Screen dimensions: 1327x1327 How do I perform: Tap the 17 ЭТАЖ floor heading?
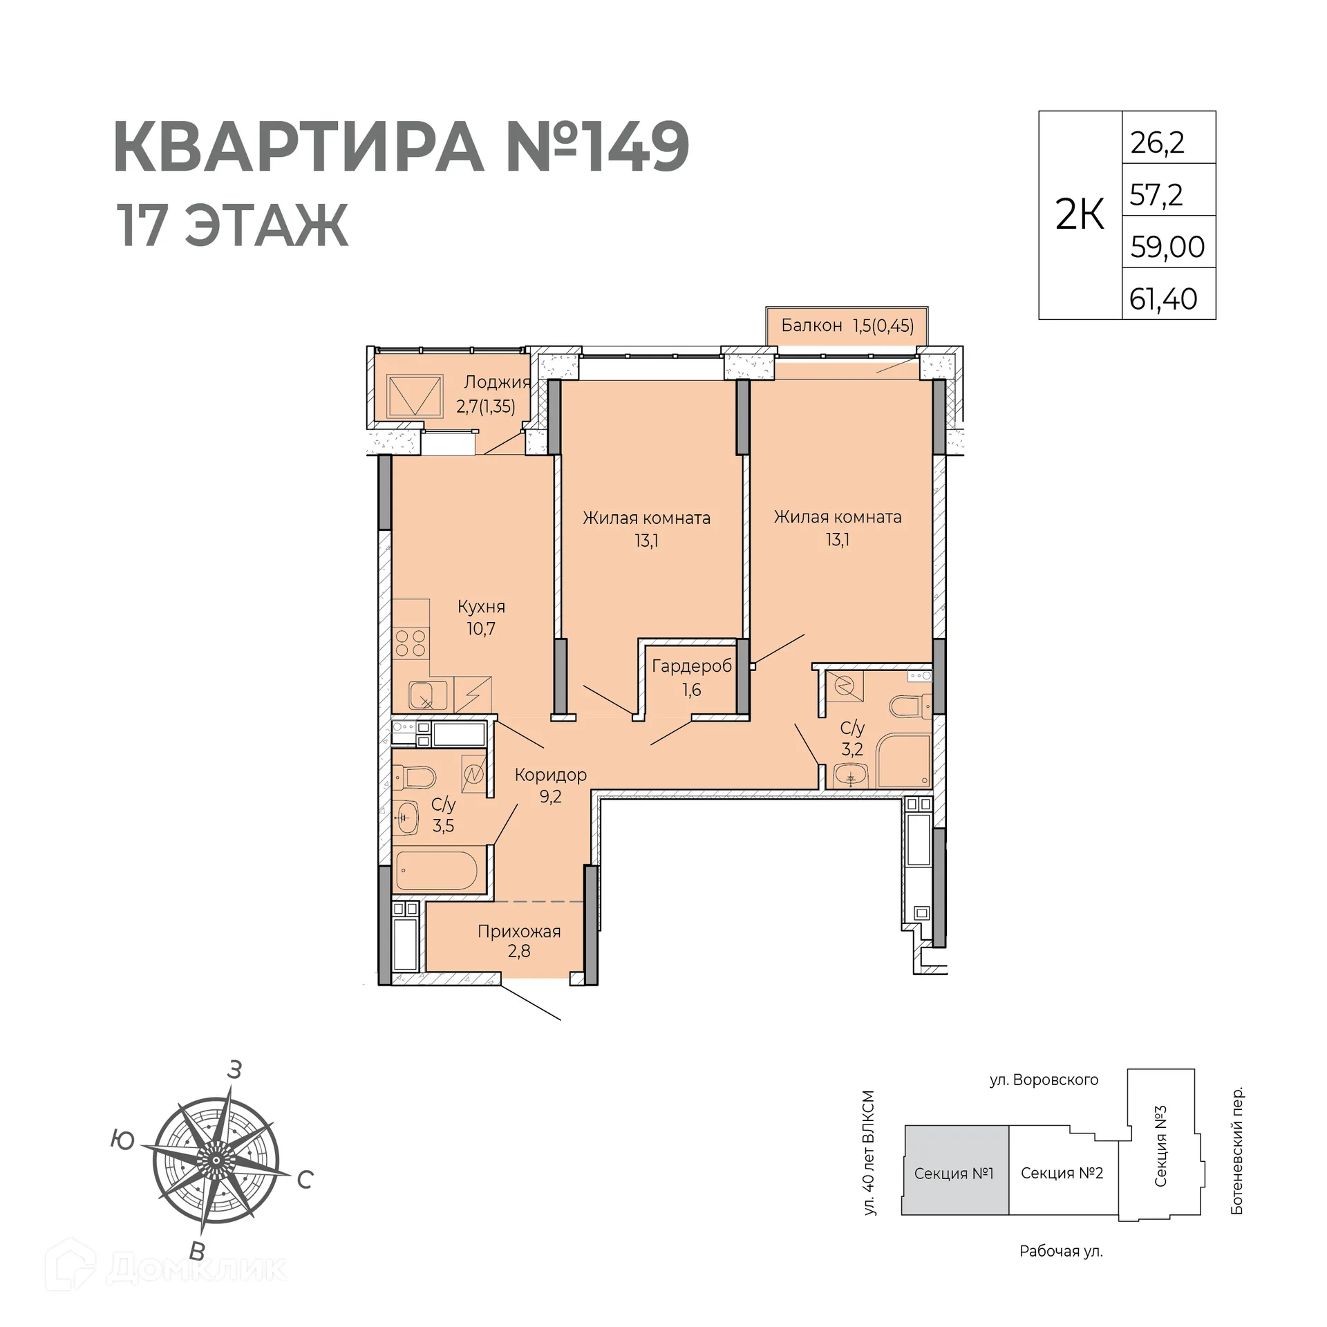click(x=232, y=225)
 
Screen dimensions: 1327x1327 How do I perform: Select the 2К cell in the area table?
click(x=1080, y=215)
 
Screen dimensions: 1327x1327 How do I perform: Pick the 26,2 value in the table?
click(x=1157, y=142)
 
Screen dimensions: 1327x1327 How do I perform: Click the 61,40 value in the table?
click(x=1163, y=299)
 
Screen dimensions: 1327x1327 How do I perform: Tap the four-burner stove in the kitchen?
click(x=410, y=643)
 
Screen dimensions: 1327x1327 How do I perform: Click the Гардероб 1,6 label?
click(x=691, y=677)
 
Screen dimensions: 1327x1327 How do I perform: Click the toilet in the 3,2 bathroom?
click(x=907, y=706)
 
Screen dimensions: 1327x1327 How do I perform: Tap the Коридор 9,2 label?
click(x=550, y=785)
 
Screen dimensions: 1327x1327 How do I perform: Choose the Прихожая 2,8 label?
click(x=519, y=941)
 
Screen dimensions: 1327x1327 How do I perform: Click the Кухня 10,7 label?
click(x=481, y=617)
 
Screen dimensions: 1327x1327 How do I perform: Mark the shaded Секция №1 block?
click(x=954, y=1173)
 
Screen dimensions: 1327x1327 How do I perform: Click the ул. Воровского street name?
click(x=1043, y=1080)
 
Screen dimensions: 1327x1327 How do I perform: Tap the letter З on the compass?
click(x=234, y=1070)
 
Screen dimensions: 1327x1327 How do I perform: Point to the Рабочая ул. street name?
click(x=1060, y=1251)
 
